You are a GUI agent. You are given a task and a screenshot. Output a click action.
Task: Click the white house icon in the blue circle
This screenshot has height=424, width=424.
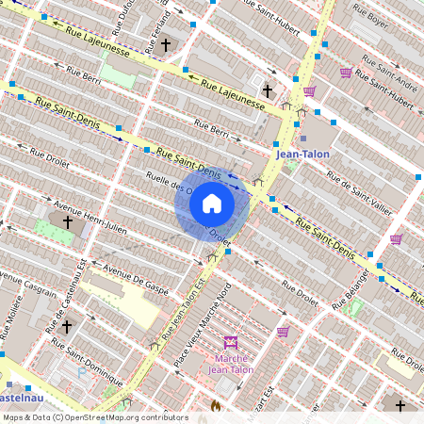pos(212,204)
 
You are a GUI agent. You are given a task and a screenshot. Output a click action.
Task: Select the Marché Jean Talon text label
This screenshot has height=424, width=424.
pos(231,364)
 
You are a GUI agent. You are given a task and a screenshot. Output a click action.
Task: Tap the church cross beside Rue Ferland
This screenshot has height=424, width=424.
pos(165,44)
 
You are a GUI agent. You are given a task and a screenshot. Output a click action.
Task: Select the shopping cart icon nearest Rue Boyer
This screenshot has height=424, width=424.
pos(346,72)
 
